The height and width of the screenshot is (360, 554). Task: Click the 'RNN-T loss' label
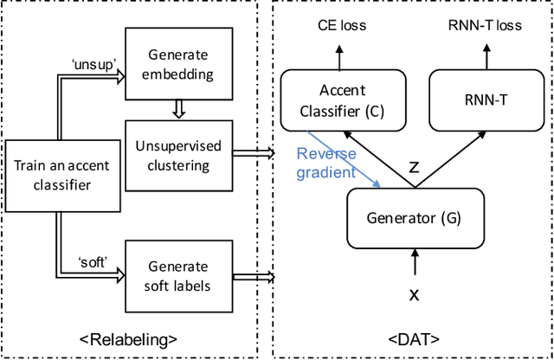click(x=484, y=25)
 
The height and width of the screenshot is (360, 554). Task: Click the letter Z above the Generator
click(x=413, y=167)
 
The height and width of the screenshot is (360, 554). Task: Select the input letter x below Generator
click(x=414, y=295)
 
